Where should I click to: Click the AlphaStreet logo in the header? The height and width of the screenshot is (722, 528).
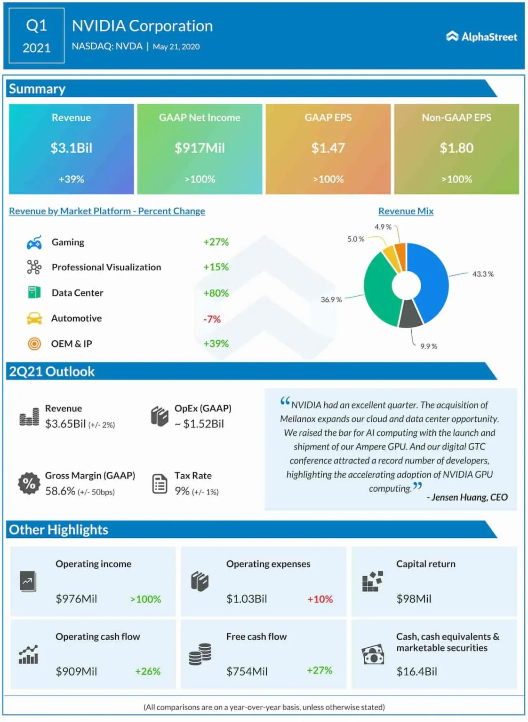481,37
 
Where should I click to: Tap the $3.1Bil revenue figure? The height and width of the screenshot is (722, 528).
72,148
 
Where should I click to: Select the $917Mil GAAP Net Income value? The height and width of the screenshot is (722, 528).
200,148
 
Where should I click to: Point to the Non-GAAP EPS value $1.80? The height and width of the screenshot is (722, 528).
456,148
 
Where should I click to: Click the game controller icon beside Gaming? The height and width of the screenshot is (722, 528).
34,242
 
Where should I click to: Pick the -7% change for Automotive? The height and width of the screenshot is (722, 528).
212,319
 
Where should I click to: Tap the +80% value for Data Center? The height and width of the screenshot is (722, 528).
216,293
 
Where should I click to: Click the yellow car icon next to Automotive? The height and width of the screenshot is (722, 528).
34,318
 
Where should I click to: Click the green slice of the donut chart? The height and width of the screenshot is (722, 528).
379,291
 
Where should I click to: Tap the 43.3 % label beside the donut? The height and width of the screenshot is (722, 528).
483,274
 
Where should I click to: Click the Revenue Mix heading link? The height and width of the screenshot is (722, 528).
406,211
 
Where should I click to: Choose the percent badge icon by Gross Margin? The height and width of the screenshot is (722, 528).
29,483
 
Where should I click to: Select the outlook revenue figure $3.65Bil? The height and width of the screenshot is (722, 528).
65,424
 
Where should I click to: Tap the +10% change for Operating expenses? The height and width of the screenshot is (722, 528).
320,599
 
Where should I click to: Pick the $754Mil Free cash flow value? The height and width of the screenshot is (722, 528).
247,672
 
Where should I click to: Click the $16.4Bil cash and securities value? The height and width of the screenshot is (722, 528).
416,672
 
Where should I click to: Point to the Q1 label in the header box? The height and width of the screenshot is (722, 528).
36,26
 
